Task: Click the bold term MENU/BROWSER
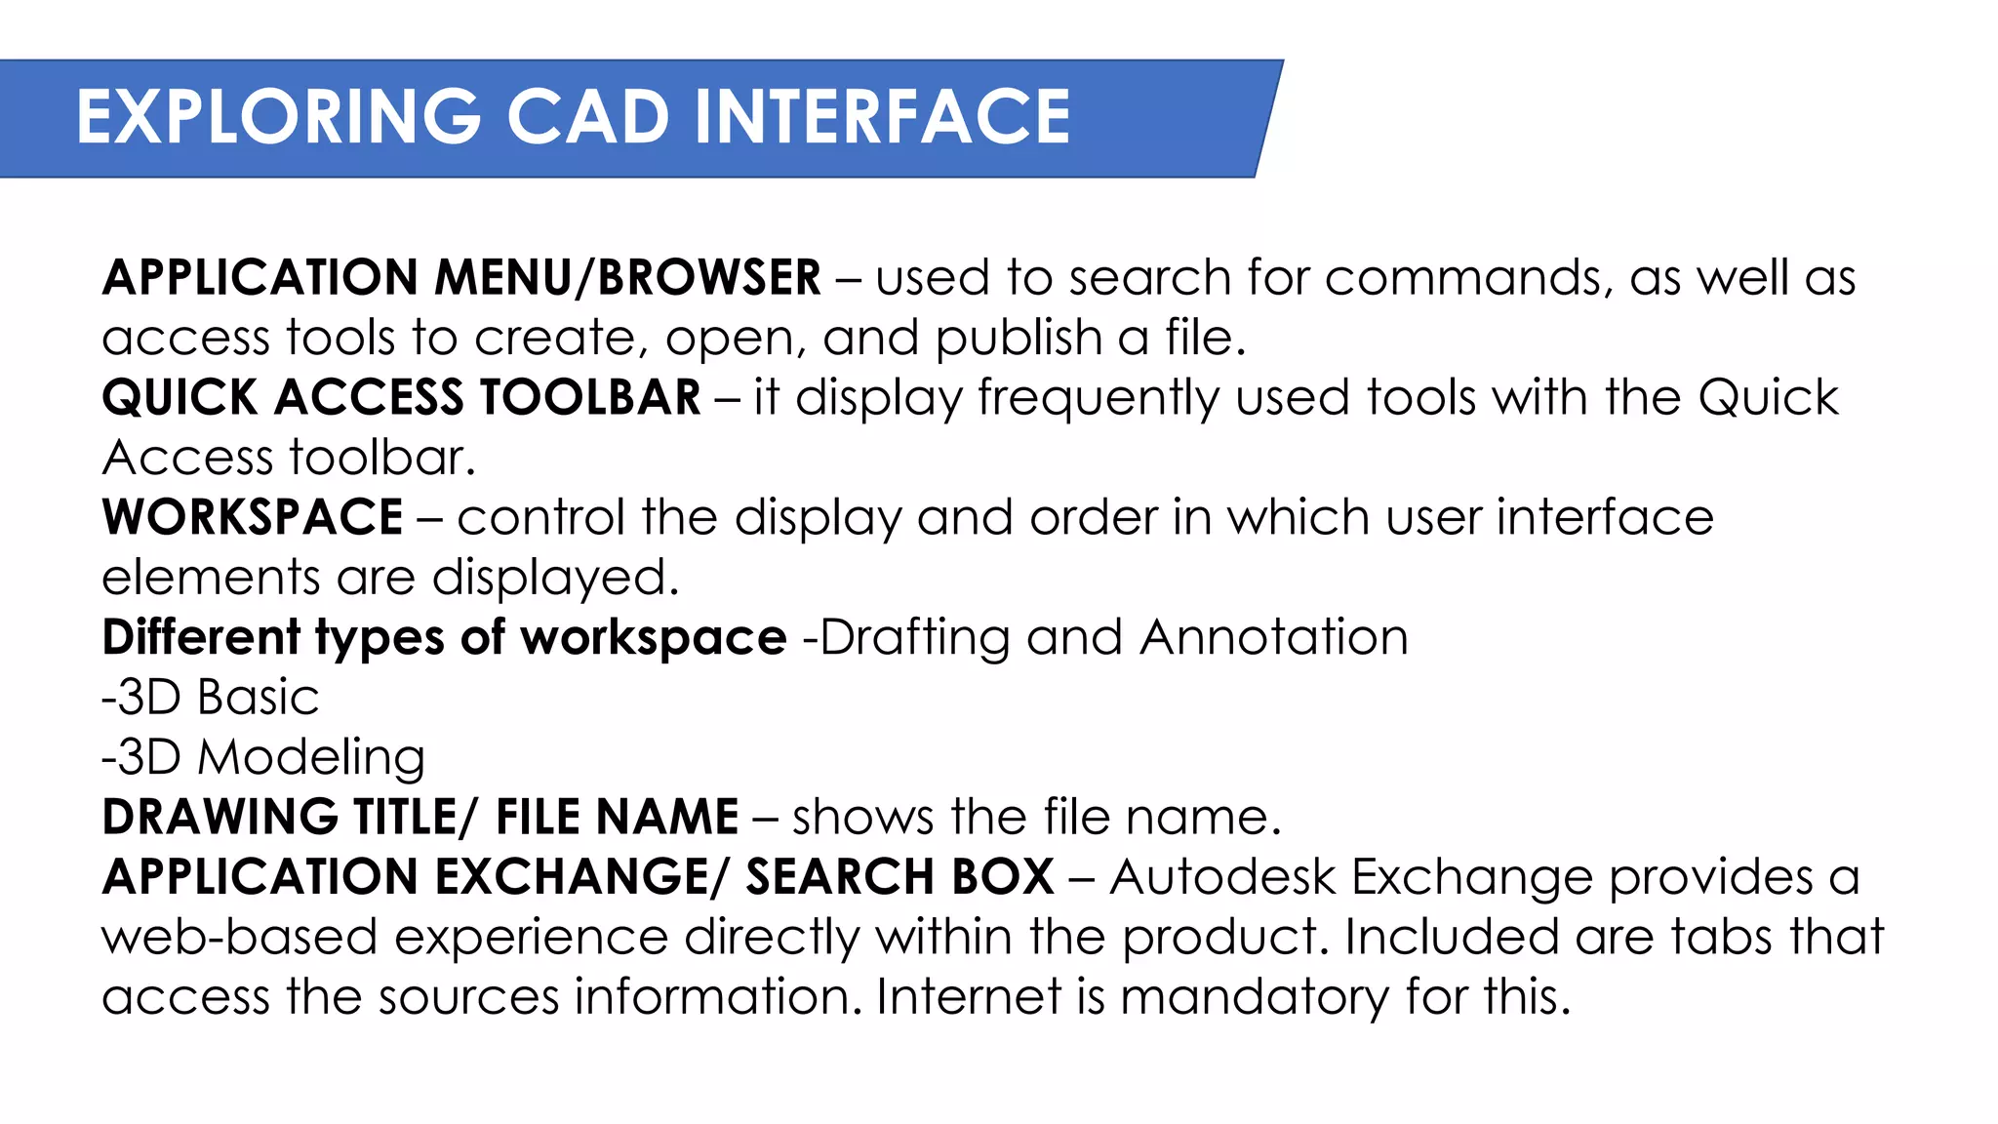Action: pos(627,278)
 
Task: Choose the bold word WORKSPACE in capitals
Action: pos(253,517)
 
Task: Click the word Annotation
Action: pos(1274,638)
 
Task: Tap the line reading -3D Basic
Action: pos(211,698)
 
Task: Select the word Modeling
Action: pos(311,758)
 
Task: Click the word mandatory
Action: pos(1255,997)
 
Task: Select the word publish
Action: pos(1019,339)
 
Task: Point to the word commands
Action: pos(1463,278)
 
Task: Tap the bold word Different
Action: pos(201,638)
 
